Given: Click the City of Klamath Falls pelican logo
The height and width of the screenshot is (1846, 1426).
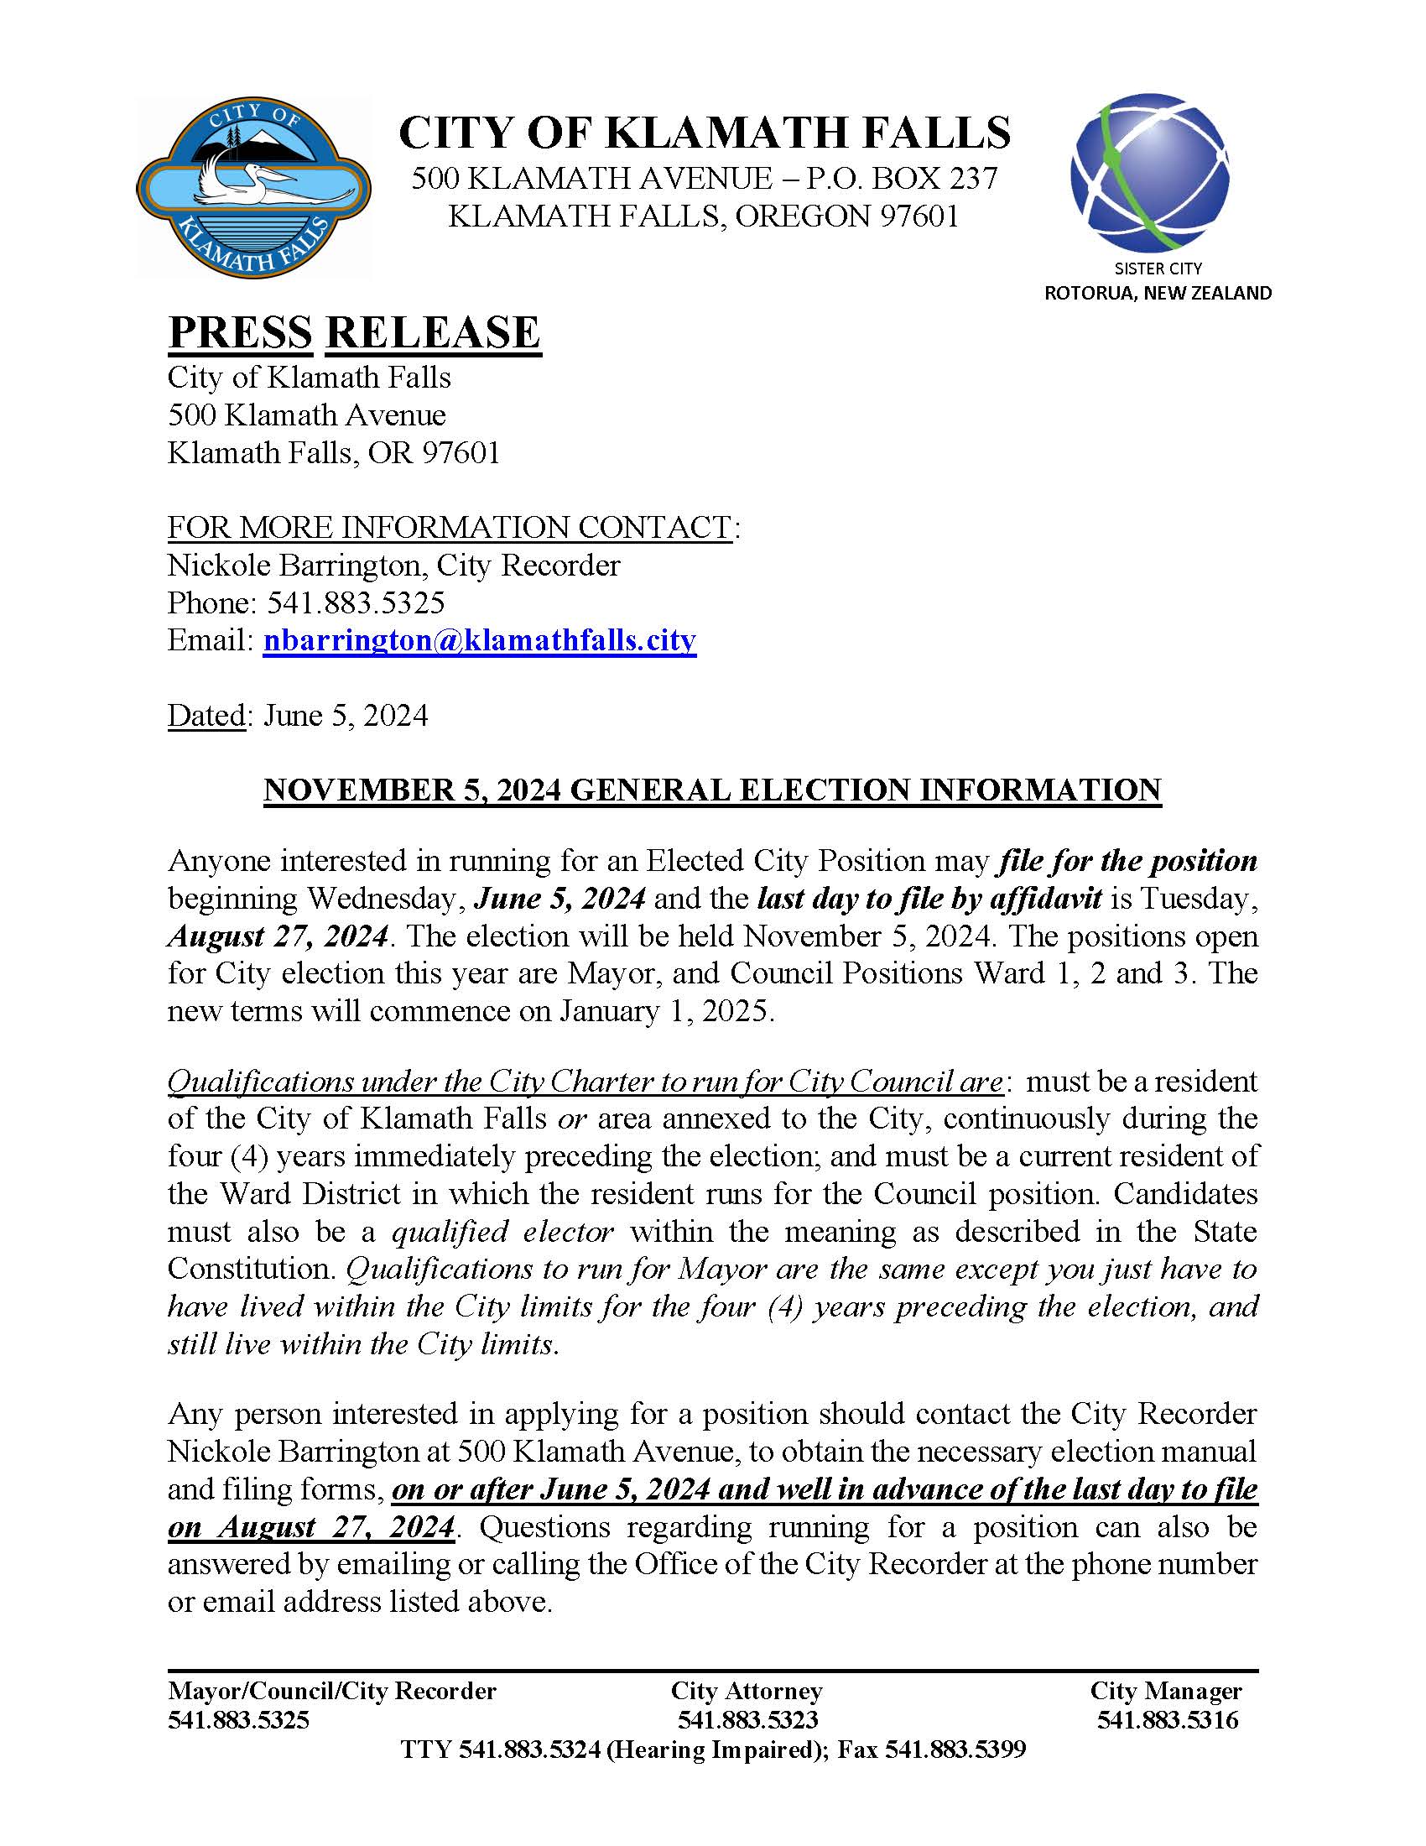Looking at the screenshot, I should click(x=252, y=188).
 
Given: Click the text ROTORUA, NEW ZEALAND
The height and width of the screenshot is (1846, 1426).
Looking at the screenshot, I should click(x=1158, y=294).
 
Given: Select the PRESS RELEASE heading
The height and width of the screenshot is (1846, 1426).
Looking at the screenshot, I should click(x=354, y=331).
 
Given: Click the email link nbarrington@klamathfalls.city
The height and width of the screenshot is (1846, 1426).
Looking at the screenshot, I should click(x=479, y=640).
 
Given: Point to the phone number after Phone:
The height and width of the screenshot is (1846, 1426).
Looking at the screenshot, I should click(x=356, y=602).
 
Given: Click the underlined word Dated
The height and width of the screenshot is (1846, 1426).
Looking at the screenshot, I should click(x=206, y=715).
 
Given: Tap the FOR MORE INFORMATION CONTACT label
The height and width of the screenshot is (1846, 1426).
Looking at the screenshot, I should click(x=450, y=527).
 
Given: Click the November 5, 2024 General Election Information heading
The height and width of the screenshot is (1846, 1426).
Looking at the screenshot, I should click(x=712, y=790).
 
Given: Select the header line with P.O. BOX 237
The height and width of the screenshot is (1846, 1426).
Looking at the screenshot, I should click(x=705, y=179).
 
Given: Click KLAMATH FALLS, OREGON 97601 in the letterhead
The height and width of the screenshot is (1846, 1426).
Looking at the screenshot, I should click(x=705, y=216).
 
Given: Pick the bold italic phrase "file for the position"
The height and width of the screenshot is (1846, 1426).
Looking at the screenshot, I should click(x=1127, y=860).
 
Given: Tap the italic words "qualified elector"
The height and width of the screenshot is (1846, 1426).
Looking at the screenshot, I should click(x=502, y=1232).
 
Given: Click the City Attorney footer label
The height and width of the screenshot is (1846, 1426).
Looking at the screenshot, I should click(x=746, y=1691).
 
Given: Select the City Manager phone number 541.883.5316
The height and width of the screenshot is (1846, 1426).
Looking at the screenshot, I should click(x=1167, y=1719).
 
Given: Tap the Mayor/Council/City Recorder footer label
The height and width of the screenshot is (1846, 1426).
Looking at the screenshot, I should click(x=332, y=1691).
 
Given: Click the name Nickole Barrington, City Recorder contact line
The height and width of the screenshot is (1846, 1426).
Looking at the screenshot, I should click(x=393, y=565).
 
